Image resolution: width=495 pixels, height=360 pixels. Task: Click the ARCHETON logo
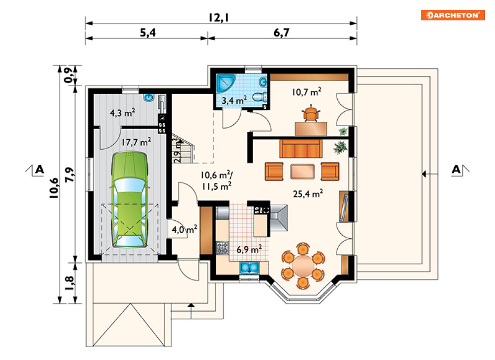click(452, 15)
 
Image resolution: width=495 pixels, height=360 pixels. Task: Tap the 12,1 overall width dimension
click(218, 18)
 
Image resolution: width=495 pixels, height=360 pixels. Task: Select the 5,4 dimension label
click(148, 32)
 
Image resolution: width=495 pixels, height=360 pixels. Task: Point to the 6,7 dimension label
click(281, 32)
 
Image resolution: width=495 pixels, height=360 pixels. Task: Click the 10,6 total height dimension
click(54, 188)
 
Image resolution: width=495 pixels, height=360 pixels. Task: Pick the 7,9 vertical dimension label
click(70, 174)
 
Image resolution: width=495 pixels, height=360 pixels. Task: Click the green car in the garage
click(129, 199)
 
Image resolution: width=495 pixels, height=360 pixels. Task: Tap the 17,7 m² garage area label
click(136, 142)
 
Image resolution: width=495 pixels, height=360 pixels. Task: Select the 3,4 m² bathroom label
click(234, 100)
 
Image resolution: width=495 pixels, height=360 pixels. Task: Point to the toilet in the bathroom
click(260, 96)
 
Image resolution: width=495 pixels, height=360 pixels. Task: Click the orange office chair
click(311, 113)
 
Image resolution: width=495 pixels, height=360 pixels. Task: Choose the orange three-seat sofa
click(301, 149)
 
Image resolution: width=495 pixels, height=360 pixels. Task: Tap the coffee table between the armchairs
click(302, 172)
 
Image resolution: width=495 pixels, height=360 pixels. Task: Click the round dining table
click(303, 266)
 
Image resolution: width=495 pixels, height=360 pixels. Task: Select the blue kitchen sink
click(249, 268)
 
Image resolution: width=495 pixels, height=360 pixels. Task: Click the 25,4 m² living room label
click(308, 193)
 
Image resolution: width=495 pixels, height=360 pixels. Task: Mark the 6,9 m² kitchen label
click(249, 249)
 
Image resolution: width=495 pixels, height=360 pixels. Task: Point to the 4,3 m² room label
click(122, 113)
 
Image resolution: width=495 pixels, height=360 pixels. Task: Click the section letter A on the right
click(456, 170)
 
